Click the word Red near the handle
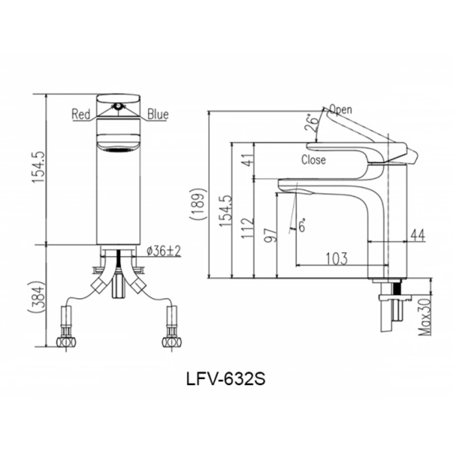82,115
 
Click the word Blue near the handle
158,115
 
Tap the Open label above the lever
341,109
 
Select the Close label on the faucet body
313,160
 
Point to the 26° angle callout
311,124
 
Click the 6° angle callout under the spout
300,226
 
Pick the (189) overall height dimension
199,204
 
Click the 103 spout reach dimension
336,258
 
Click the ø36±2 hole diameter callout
162,251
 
